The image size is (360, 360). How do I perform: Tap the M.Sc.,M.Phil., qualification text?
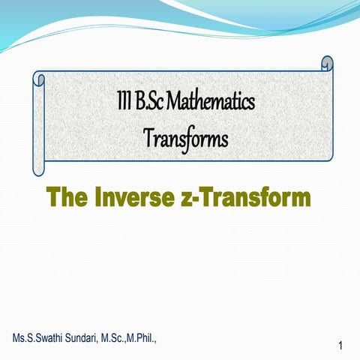click(x=129, y=336)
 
